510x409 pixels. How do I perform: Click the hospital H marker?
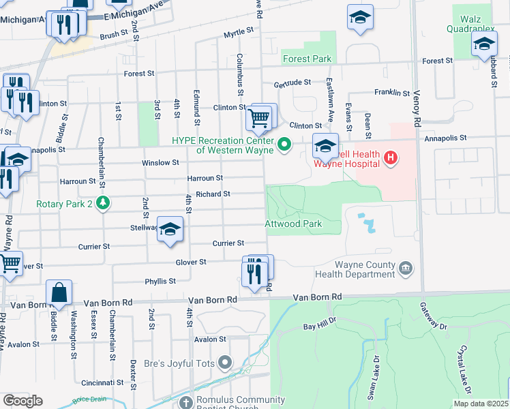390,159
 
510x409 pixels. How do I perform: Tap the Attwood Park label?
292,224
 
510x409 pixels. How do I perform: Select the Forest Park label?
307,59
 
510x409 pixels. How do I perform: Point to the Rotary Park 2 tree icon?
102,202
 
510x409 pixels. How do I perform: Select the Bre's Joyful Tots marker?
225,362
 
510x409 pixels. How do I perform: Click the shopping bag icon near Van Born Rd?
60,292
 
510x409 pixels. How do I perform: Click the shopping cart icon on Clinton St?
258,118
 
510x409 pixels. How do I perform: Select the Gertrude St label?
292,82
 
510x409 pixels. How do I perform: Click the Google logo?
22,401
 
